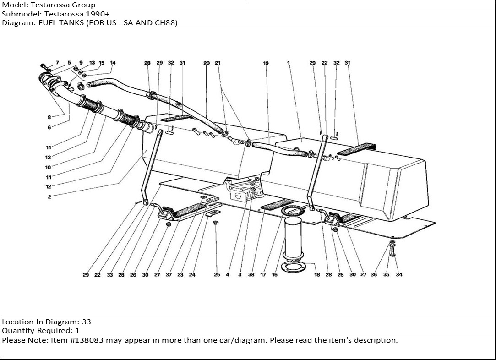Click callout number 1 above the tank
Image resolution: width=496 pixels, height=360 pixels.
click(x=289, y=63)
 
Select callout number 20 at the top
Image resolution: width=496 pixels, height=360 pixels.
click(x=206, y=63)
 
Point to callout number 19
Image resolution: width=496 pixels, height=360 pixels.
click(x=266, y=63)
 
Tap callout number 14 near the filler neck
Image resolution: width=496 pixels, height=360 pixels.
click(x=113, y=63)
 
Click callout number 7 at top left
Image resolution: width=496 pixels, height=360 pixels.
click(x=58, y=63)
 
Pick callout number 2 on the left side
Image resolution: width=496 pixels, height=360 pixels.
click(x=49, y=197)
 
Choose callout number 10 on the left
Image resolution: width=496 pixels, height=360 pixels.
click(x=48, y=167)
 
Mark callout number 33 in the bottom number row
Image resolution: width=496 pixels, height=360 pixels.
click(x=110, y=275)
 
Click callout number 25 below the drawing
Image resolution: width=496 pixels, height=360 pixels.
click(x=217, y=275)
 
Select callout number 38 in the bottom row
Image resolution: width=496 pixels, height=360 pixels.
click(x=251, y=275)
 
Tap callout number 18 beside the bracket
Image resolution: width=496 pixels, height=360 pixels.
click(x=317, y=275)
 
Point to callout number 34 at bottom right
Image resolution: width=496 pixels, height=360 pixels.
click(x=399, y=275)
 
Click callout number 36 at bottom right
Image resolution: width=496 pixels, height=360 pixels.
click(x=374, y=275)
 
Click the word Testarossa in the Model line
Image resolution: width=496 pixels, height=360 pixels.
click(x=48, y=5)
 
